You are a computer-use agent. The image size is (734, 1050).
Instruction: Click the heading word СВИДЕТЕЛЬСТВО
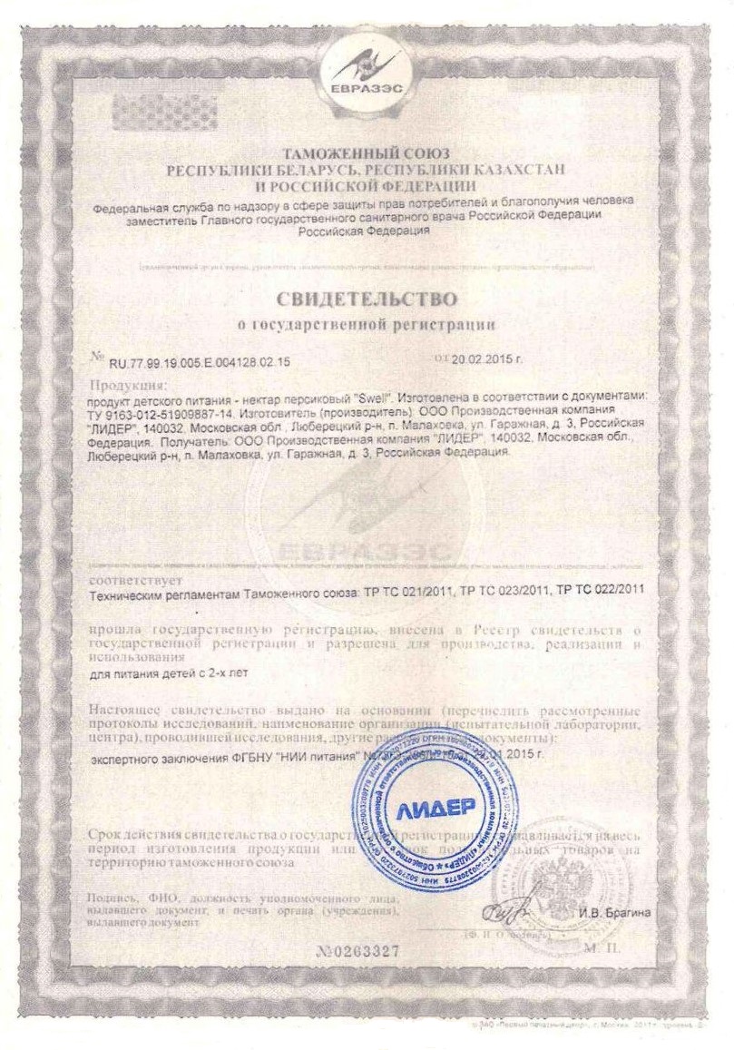coord(367,298)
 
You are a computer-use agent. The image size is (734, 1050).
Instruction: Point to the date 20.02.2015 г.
coord(488,360)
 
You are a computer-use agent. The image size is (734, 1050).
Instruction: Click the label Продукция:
coord(123,386)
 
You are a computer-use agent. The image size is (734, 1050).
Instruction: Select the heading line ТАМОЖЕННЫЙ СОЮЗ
coord(367,153)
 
